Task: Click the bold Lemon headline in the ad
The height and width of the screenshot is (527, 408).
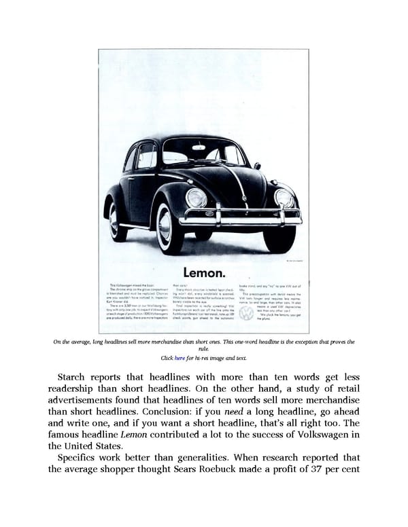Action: point(203,273)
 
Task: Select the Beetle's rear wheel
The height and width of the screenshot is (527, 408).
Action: point(118,221)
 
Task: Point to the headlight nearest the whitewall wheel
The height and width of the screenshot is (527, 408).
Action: point(197,198)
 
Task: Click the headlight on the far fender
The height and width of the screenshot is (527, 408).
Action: point(284,198)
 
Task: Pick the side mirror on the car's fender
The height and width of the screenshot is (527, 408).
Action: point(257,166)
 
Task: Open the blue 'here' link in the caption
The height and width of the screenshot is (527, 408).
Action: point(180,358)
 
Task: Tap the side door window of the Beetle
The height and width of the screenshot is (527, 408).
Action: point(147,158)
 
